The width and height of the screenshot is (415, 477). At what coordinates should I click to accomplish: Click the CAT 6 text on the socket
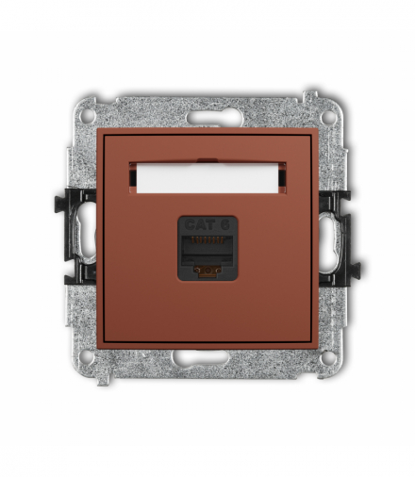(206, 224)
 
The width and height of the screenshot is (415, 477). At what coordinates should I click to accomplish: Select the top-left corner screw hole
(88, 118)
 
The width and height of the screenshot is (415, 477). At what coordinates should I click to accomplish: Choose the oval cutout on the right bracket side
(334, 238)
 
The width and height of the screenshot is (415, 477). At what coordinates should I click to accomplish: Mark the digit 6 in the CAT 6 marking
(225, 224)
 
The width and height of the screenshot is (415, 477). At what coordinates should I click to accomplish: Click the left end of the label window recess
(135, 175)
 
